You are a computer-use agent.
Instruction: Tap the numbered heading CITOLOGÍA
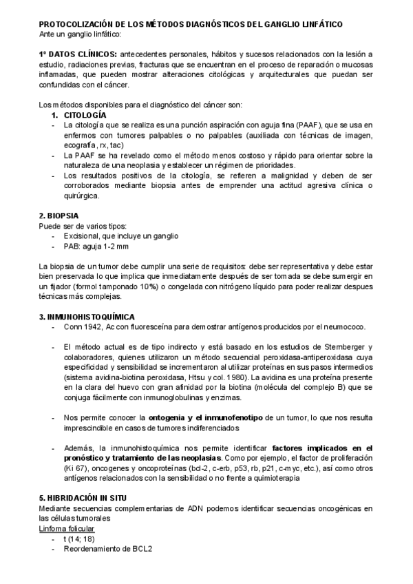[x=85, y=114]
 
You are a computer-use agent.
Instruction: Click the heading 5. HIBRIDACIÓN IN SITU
[x=83, y=498]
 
